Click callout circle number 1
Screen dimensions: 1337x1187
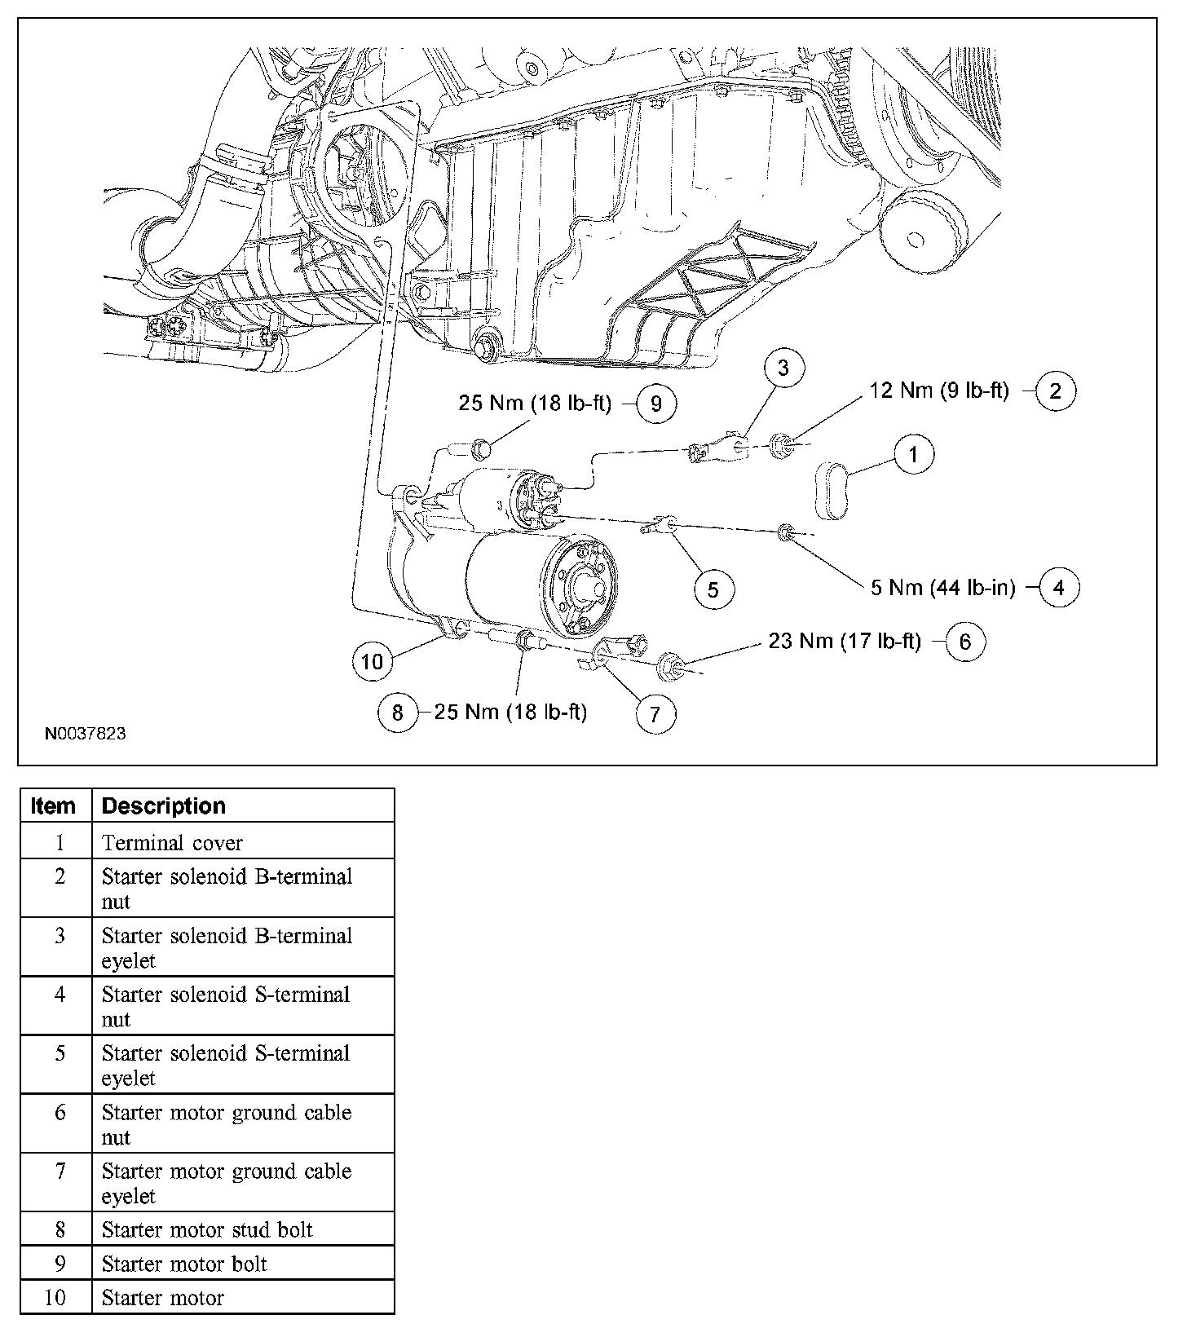pyautogui.click(x=913, y=454)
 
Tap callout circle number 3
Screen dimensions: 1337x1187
pyautogui.click(x=783, y=368)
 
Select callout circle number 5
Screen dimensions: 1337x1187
pyautogui.click(x=713, y=589)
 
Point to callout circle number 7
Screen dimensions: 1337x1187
pyautogui.click(x=655, y=714)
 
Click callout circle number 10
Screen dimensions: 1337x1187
pyautogui.click(x=372, y=660)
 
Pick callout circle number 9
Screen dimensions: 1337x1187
pyautogui.click(x=655, y=404)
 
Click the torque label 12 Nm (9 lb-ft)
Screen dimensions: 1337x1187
pyautogui.click(x=939, y=391)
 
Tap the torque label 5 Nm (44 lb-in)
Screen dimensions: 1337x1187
pyautogui.click(x=943, y=587)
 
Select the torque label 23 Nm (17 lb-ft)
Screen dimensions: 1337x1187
pyautogui.click(x=845, y=642)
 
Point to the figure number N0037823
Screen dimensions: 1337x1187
pyautogui.click(x=85, y=734)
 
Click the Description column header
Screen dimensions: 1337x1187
pyautogui.click(x=163, y=805)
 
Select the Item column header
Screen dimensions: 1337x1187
pyautogui.click(x=54, y=805)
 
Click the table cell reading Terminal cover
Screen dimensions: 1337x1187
pyautogui.click(x=172, y=842)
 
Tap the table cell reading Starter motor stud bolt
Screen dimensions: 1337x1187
pyautogui.click(x=207, y=1229)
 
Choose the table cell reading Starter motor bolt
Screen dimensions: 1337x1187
pyautogui.click(x=184, y=1264)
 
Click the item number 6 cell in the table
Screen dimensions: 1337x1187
pyautogui.click(x=59, y=1113)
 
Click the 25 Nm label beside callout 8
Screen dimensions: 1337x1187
pyautogui.click(x=510, y=712)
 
